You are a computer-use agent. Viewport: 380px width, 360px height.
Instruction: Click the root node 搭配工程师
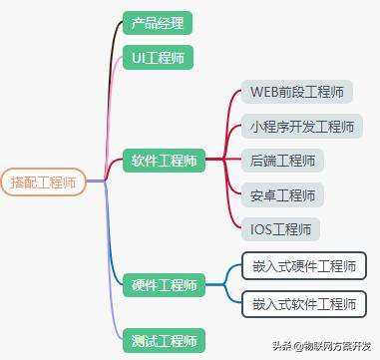click(43, 182)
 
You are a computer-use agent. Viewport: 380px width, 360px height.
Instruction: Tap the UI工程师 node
click(157, 58)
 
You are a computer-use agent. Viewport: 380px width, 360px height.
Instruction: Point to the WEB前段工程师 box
click(297, 93)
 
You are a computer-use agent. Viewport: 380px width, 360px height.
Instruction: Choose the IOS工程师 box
click(280, 228)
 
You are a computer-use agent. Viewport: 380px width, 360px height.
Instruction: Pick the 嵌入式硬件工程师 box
click(303, 267)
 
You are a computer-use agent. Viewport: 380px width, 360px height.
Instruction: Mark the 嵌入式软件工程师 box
click(303, 303)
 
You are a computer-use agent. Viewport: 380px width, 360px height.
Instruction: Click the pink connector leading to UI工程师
click(115, 100)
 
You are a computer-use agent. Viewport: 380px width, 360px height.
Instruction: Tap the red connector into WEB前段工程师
click(232, 105)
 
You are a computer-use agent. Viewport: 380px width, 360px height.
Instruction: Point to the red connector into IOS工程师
click(232, 214)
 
